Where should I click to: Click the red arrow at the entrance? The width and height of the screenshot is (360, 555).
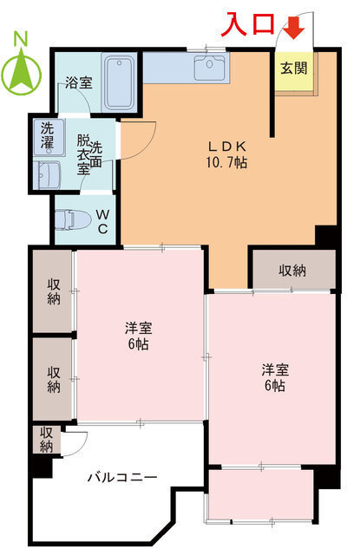click(x=296, y=29)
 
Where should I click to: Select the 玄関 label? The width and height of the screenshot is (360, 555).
click(x=293, y=69)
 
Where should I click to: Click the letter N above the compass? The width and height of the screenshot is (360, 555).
click(x=22, y=39)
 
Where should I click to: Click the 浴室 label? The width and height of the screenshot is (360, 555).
click(x=80, y=84)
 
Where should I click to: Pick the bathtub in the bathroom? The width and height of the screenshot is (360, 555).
click(x=120, y=82)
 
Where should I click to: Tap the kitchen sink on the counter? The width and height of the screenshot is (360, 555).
click(x=208, y=66)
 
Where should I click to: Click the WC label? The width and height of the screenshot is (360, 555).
click(x=102, y=220)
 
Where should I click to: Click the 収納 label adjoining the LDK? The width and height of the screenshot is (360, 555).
click(x=292, y=271)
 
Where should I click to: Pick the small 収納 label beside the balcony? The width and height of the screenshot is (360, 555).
click(x=47, y=440)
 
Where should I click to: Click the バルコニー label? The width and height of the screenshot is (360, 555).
click(x=122, y=477)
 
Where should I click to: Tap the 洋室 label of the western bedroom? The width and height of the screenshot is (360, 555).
click(x=139, y=329)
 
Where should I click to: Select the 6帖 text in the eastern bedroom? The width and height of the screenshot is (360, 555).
click(x=274, y=386)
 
